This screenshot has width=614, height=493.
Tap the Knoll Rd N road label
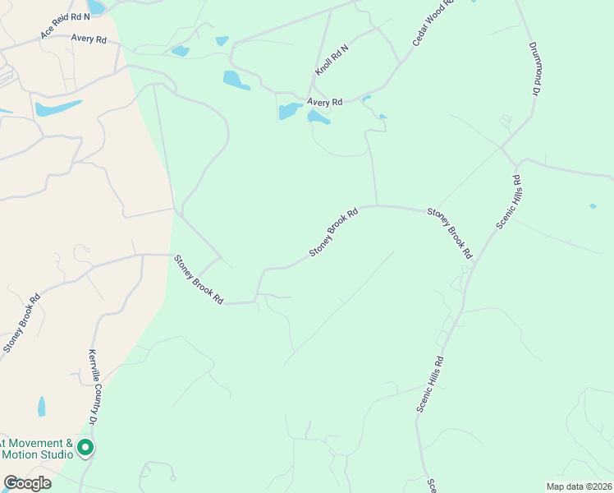click(x=332, y=61)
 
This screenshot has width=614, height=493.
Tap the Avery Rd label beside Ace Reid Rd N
click(x=89, y=39)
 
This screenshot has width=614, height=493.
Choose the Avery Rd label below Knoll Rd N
click(x=324, y=103)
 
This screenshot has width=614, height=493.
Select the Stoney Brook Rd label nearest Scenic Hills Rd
click(x=450, y=233)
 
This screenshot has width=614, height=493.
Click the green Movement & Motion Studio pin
click(x=86, y=449)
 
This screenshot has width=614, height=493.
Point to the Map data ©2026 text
click(x=578, y=486)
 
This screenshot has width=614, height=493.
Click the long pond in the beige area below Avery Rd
click(x=58, y=108)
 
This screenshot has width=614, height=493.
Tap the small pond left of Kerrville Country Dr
click(x=42, y=406)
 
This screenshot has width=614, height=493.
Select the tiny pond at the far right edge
click(x=593, y=205)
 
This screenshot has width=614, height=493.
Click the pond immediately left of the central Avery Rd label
click(x=290, y=111)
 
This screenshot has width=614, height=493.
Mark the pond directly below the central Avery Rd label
click(x=318, y=118)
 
